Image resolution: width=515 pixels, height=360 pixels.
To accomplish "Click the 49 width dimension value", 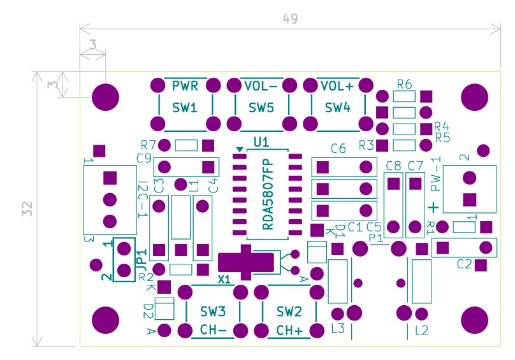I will point(290,19).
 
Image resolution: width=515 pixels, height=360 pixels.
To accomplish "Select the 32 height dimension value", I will point(26,210).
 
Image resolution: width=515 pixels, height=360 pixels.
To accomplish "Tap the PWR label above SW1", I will point(185,86).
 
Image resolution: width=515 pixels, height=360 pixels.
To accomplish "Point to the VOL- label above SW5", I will point(260,86).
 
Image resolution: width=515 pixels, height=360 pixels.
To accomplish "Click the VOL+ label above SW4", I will point(337,86).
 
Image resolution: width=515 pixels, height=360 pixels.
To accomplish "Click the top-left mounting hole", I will point(106,97).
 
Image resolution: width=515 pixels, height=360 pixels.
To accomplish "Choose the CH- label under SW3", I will point(213,330).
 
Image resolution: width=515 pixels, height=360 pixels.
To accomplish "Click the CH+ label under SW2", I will point(290,331).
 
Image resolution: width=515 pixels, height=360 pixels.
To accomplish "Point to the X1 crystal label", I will point(224,279).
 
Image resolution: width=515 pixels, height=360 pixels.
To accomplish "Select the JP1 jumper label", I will point(141,257).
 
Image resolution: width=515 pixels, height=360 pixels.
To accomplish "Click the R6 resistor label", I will point(404,84).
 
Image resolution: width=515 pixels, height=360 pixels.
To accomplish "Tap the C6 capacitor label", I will point(338,148).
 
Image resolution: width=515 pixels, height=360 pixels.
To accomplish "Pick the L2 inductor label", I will point(421,330).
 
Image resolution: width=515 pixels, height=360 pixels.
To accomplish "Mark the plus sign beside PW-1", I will point(433,207).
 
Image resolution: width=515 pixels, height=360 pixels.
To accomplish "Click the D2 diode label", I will point(148,311).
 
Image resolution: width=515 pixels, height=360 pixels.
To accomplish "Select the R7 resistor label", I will point(148,145).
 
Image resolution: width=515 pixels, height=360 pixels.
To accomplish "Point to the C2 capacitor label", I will point(464,264).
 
